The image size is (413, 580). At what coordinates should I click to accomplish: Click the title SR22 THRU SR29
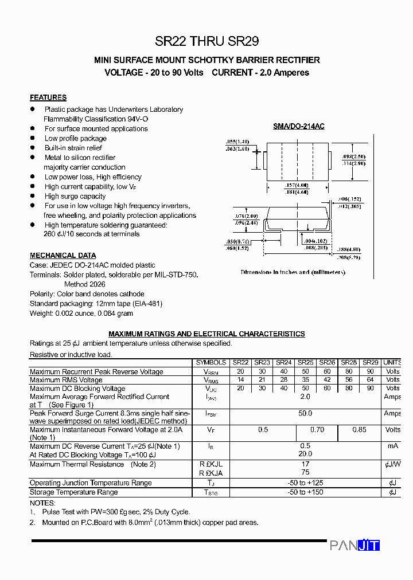pos(206,41)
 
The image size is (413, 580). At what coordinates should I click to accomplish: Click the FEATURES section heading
pos(48,97)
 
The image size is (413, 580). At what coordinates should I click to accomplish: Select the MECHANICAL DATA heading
pos(63,256)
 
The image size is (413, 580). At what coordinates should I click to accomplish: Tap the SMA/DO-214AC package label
pos(298,126)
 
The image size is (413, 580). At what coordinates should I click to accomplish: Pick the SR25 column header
pos(306,362)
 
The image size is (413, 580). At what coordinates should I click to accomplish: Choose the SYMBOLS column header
pos(211,362)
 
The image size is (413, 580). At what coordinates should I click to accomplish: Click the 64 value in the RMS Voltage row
pos(371,379)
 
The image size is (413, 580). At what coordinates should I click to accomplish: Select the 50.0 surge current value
pos(305,413)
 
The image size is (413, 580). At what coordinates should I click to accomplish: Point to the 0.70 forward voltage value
pos(317,429)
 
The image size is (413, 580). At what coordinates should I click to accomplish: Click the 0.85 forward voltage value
pos(360,429)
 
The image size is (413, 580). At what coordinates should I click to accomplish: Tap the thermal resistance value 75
pos(305,473)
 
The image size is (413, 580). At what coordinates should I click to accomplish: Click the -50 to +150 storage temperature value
pos(305,492)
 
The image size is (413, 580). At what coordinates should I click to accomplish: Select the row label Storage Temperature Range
pos(74,492)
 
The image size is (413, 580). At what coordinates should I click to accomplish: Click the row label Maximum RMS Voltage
pos(66,379)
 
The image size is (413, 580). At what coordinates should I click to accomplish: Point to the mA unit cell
pos(392,445)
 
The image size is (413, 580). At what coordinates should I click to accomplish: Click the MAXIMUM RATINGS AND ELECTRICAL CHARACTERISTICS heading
pos(206,334)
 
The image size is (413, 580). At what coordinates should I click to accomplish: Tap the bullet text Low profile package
pos(76,138)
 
